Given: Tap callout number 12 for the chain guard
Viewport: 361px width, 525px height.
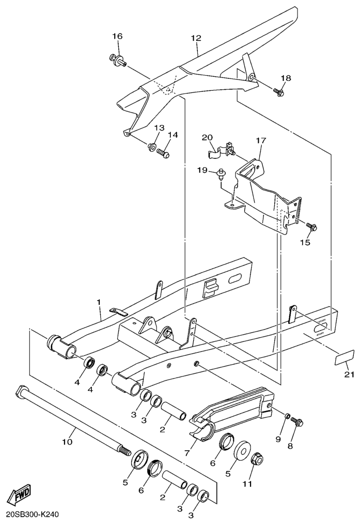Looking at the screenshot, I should [196, 39].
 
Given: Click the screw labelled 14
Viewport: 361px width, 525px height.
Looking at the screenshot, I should [163, 153].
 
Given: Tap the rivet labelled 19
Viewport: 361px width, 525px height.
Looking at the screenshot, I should [221, 173].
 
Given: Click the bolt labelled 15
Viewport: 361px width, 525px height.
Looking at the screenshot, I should [311, 227].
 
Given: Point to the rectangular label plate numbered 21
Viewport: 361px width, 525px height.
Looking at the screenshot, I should [344, 357].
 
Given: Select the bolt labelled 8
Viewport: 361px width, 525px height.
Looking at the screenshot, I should [297, 422].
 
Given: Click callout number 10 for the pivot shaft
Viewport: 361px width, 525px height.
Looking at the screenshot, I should [68, 441].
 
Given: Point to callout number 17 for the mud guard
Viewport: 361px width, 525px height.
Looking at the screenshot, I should [260, 140].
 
